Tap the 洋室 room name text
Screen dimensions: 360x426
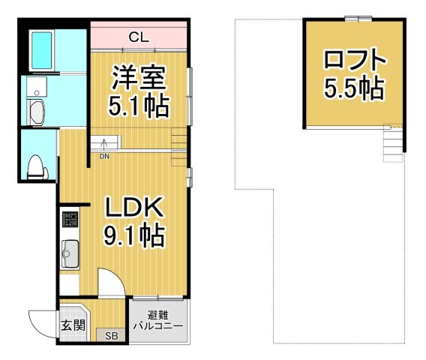[138, 77]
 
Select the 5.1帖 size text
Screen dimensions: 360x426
[138, 106]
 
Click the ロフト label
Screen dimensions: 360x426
[355, 59]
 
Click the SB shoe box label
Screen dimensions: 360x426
[111, 335]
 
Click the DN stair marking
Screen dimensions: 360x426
[104, 156]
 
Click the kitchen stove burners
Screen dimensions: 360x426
[70, 220]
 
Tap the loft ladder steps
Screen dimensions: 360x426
[392, 144]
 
